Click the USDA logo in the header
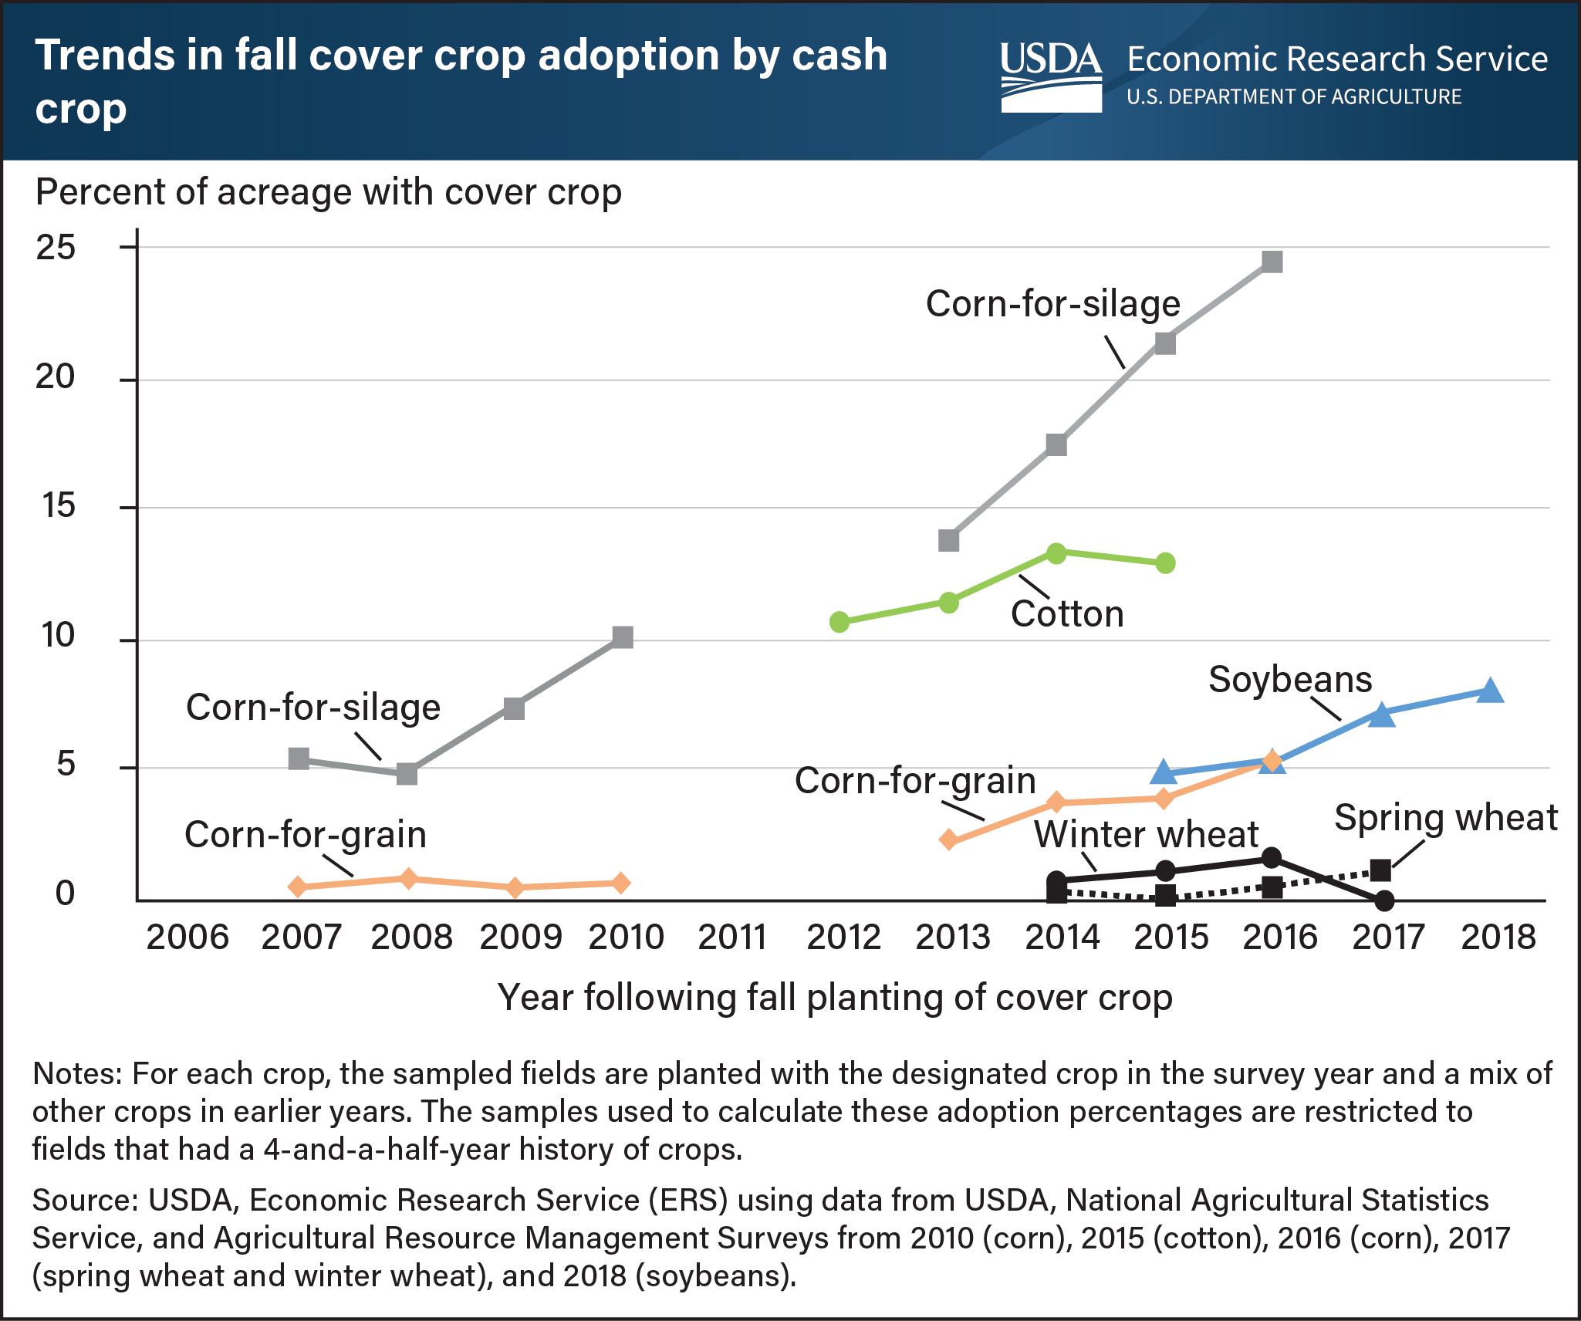pos(1051,76)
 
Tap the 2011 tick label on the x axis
pos(731,938)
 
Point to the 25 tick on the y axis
pos(56,248)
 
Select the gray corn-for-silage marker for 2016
pos(1272,262)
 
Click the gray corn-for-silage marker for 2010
pos(622,637)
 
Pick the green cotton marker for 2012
pos(839,622)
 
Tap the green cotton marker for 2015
pos(1165,563)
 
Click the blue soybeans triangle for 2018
pos(1490,691)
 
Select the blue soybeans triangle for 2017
pos(1382,715)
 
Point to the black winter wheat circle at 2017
pos(1384,900)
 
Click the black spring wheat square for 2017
pos(1380,871)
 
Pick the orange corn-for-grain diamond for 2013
pos(949,840)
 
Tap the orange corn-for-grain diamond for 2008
pos(408,879)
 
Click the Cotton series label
pos(1067,614)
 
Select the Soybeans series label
pos(1290,680)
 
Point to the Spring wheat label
pos(1445,817)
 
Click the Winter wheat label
pos(1146,834)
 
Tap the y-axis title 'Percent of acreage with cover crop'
pos(329,192)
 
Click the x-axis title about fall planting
pos(835,997)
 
